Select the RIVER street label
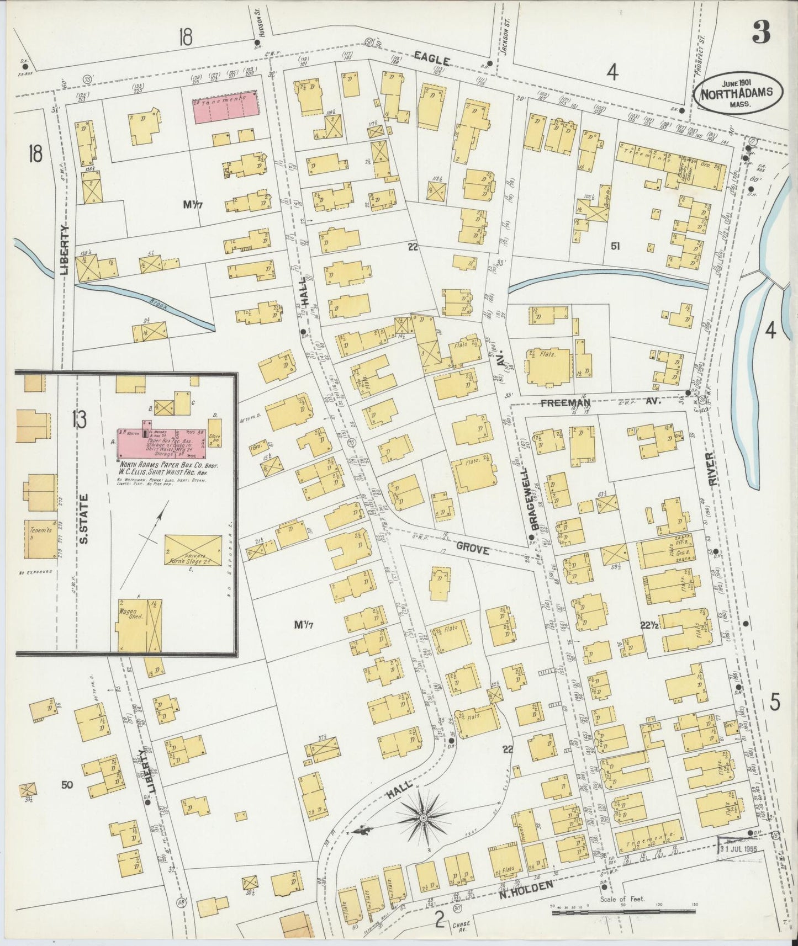(x=712, y=470)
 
